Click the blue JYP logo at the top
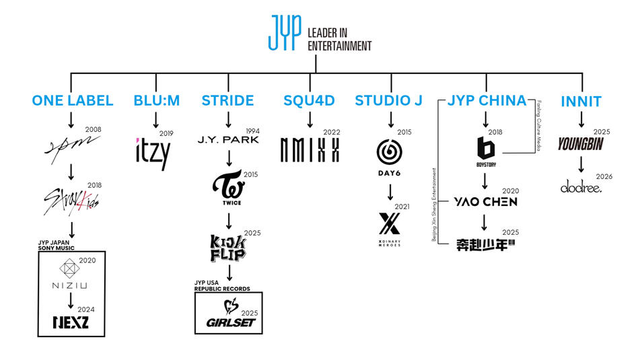[283, 32]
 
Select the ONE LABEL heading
[72, 101]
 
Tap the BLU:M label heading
[157, 101]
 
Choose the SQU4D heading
[310, 101]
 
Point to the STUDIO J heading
[389, 101]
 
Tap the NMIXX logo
[310, 149]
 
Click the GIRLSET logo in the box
[227, 316]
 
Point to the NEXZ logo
[70, 322]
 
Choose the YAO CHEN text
[485, 201]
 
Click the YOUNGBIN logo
[580, 144]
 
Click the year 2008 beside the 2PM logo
[93, 129]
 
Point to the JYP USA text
[209, 283]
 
